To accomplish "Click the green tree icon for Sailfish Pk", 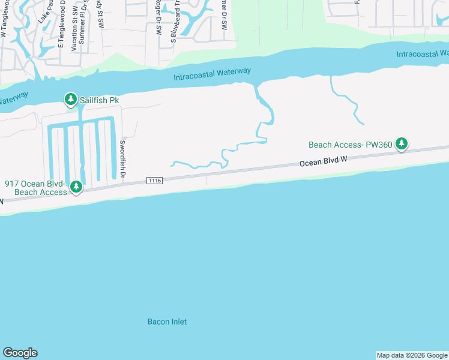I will click(x=70, y=99).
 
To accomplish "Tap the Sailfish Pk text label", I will click(x=100, y=100).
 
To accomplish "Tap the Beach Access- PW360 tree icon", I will click(x=402, y=143).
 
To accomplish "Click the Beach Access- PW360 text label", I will click(x=350, y=145).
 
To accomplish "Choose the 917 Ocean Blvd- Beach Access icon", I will click(x=76, y=187).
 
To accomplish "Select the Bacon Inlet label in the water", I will click(x=167, y=322).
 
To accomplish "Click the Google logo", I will click(x=20, y=353).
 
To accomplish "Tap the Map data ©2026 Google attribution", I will click(x=412, y=355).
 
